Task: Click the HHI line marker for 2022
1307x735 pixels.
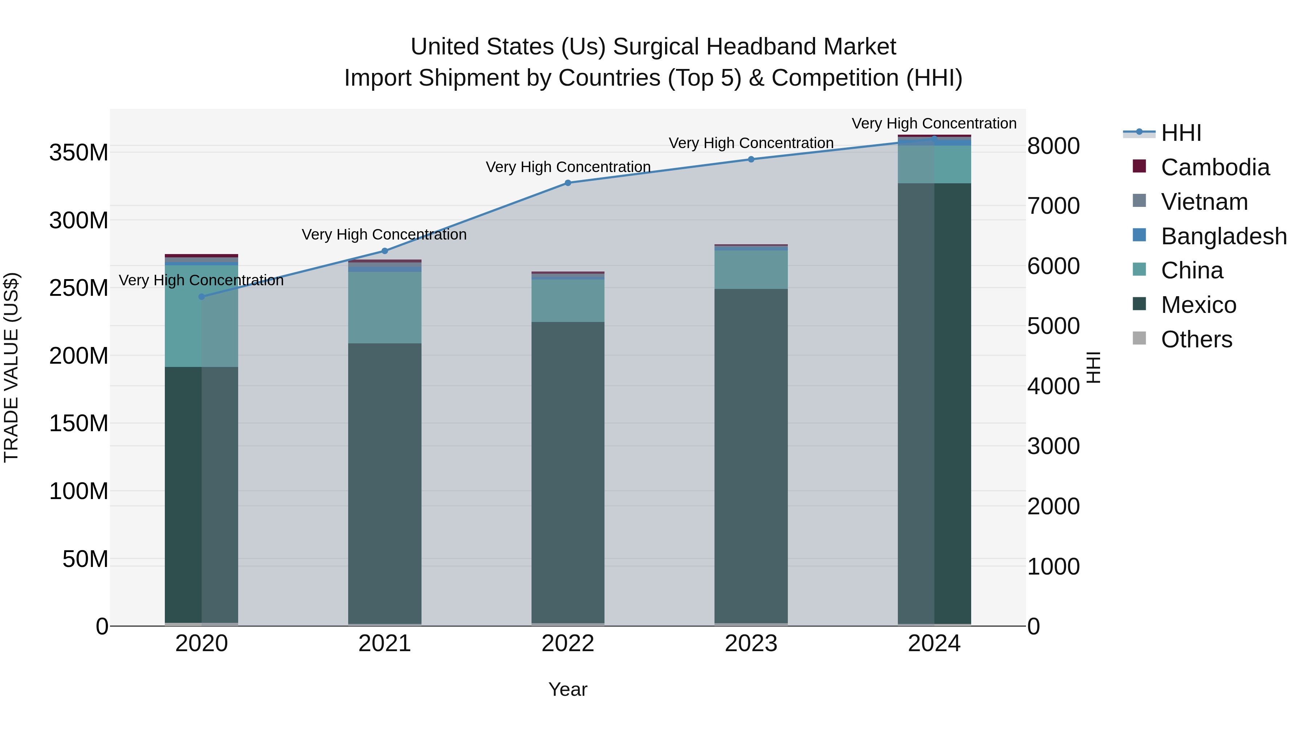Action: pos(568,183)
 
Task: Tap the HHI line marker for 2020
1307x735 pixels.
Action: pos(201,297)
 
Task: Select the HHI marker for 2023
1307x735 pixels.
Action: pos(751,159)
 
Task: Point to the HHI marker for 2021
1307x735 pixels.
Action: pos(384,251)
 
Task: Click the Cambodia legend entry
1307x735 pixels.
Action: pos(1215,167)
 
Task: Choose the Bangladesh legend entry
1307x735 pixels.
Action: pos(1223,236)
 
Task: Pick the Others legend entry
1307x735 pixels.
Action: pos(1196,339)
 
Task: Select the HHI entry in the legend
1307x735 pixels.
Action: pos(1181,133)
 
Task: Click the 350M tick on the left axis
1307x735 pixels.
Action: pos(79,153)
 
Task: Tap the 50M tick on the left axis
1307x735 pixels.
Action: pos(85,559)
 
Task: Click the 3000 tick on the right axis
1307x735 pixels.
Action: pos(1053,446)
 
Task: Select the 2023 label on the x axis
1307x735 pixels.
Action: pos(751,644)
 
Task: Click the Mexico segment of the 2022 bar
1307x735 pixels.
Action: pos(568,472)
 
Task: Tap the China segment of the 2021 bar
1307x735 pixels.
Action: pos(384,307)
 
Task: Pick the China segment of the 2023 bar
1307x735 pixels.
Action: pos(751,270)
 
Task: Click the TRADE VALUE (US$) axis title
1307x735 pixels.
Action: pos(11,367)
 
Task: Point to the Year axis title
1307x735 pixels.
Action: pos(568,689)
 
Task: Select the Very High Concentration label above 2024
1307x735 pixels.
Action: pos(933,123)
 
